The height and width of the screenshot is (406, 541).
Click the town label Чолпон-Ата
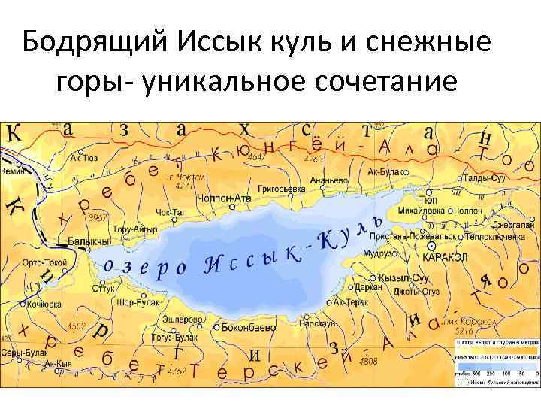coord(222,198)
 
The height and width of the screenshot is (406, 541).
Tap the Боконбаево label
coord(248,328)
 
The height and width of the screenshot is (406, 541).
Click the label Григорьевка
coord(281,180)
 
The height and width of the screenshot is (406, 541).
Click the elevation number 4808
coord(368,361)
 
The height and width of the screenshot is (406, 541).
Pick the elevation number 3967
coord(99,217)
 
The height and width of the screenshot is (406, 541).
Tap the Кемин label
coord(13,171)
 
